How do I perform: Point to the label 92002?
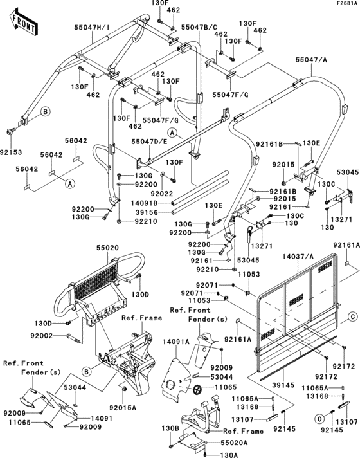pos(52,336)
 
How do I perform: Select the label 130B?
pos(170,428)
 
